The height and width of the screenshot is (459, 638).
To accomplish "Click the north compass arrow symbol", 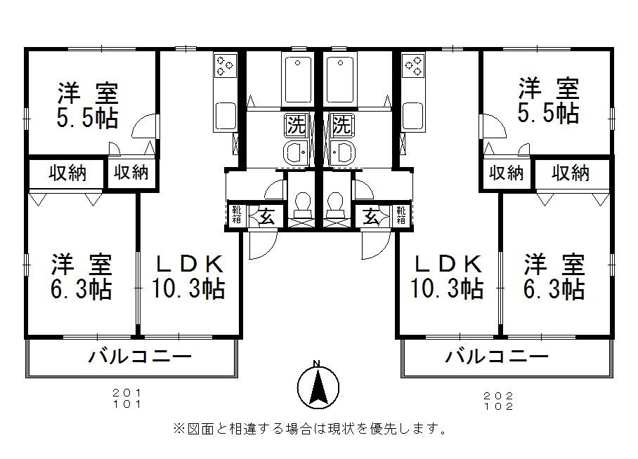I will click(318, 385).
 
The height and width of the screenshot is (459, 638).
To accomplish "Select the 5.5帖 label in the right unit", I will click(548, 113).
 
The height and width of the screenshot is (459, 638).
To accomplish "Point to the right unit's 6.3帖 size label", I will click(554, 288).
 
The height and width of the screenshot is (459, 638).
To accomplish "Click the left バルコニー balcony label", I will click(140, 357).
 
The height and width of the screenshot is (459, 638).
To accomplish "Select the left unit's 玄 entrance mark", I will click(267, 217).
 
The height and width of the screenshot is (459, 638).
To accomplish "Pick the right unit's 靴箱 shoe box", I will click(401, 215).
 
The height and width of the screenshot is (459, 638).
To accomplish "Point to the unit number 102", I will click(498, 406).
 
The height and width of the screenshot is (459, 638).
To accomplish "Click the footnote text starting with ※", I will click(309, 427).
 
